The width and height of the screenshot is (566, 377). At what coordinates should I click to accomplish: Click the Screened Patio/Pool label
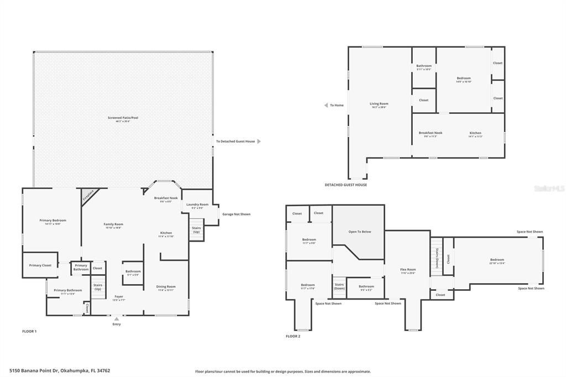123,118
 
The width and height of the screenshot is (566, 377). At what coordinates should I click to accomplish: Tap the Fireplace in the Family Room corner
87,196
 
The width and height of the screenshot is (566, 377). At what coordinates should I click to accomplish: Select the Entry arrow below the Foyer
116,319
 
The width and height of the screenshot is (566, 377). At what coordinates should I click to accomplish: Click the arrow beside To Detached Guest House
259,142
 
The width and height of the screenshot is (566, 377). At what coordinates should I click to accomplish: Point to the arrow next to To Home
326,105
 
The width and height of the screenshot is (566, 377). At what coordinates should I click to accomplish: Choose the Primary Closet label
40,265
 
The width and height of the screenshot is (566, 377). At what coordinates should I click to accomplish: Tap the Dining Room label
166,287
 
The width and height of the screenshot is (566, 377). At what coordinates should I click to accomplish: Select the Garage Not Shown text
236,214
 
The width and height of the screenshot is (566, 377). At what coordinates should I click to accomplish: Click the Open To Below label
359,232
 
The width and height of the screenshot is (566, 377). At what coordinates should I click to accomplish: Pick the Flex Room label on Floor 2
408,270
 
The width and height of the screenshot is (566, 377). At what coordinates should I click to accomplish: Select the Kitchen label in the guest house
475,134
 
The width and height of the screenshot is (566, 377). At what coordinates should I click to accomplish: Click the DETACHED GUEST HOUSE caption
346,185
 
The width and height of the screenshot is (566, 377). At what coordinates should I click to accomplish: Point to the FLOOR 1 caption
29,331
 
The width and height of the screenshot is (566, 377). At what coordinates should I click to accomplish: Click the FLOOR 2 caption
293,336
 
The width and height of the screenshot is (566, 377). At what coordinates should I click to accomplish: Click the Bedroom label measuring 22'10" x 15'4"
497,260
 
